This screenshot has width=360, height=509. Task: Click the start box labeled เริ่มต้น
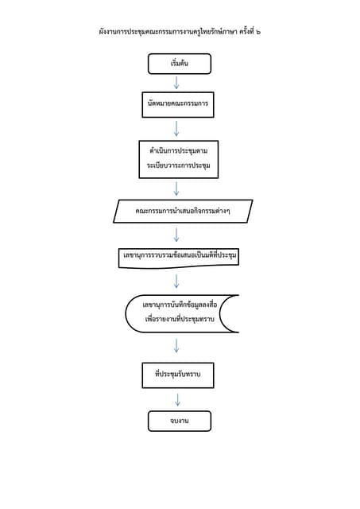tap(179, 64)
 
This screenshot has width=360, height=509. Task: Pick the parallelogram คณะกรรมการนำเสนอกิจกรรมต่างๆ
tap(182, 212)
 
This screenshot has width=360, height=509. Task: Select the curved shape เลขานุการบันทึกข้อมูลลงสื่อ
tap(181, 313)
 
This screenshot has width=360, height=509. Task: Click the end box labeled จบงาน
tap(179, 421)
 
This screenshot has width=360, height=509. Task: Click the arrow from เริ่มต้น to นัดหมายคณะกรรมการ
tap(176, 83)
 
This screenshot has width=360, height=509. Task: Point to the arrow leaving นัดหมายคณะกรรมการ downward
tap(176, 127)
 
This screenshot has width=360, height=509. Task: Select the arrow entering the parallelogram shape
tap(176, 188)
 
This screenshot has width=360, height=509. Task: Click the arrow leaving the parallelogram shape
tap(176, 234)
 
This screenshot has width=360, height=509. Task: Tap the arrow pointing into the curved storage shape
tap(176, 281)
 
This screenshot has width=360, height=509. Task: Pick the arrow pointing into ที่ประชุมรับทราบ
tap(176, 345)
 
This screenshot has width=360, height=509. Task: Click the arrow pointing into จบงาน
tap(177, 399)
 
